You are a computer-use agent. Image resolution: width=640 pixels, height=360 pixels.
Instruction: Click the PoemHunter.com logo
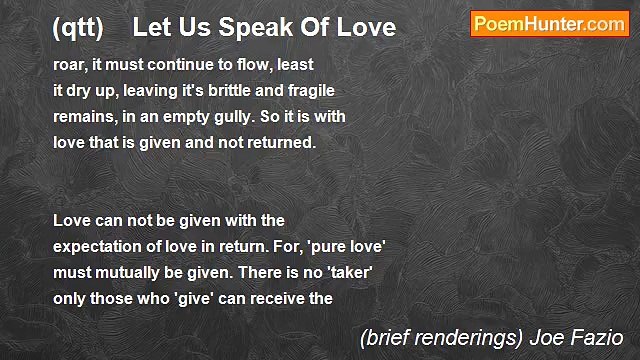tap(549, 24)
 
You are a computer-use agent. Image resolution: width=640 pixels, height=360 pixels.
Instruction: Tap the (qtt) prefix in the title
tap(78, 27)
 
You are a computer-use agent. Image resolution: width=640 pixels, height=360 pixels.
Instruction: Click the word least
tap(293, 64)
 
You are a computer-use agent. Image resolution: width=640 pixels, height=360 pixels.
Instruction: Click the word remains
tap(83, 116)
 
